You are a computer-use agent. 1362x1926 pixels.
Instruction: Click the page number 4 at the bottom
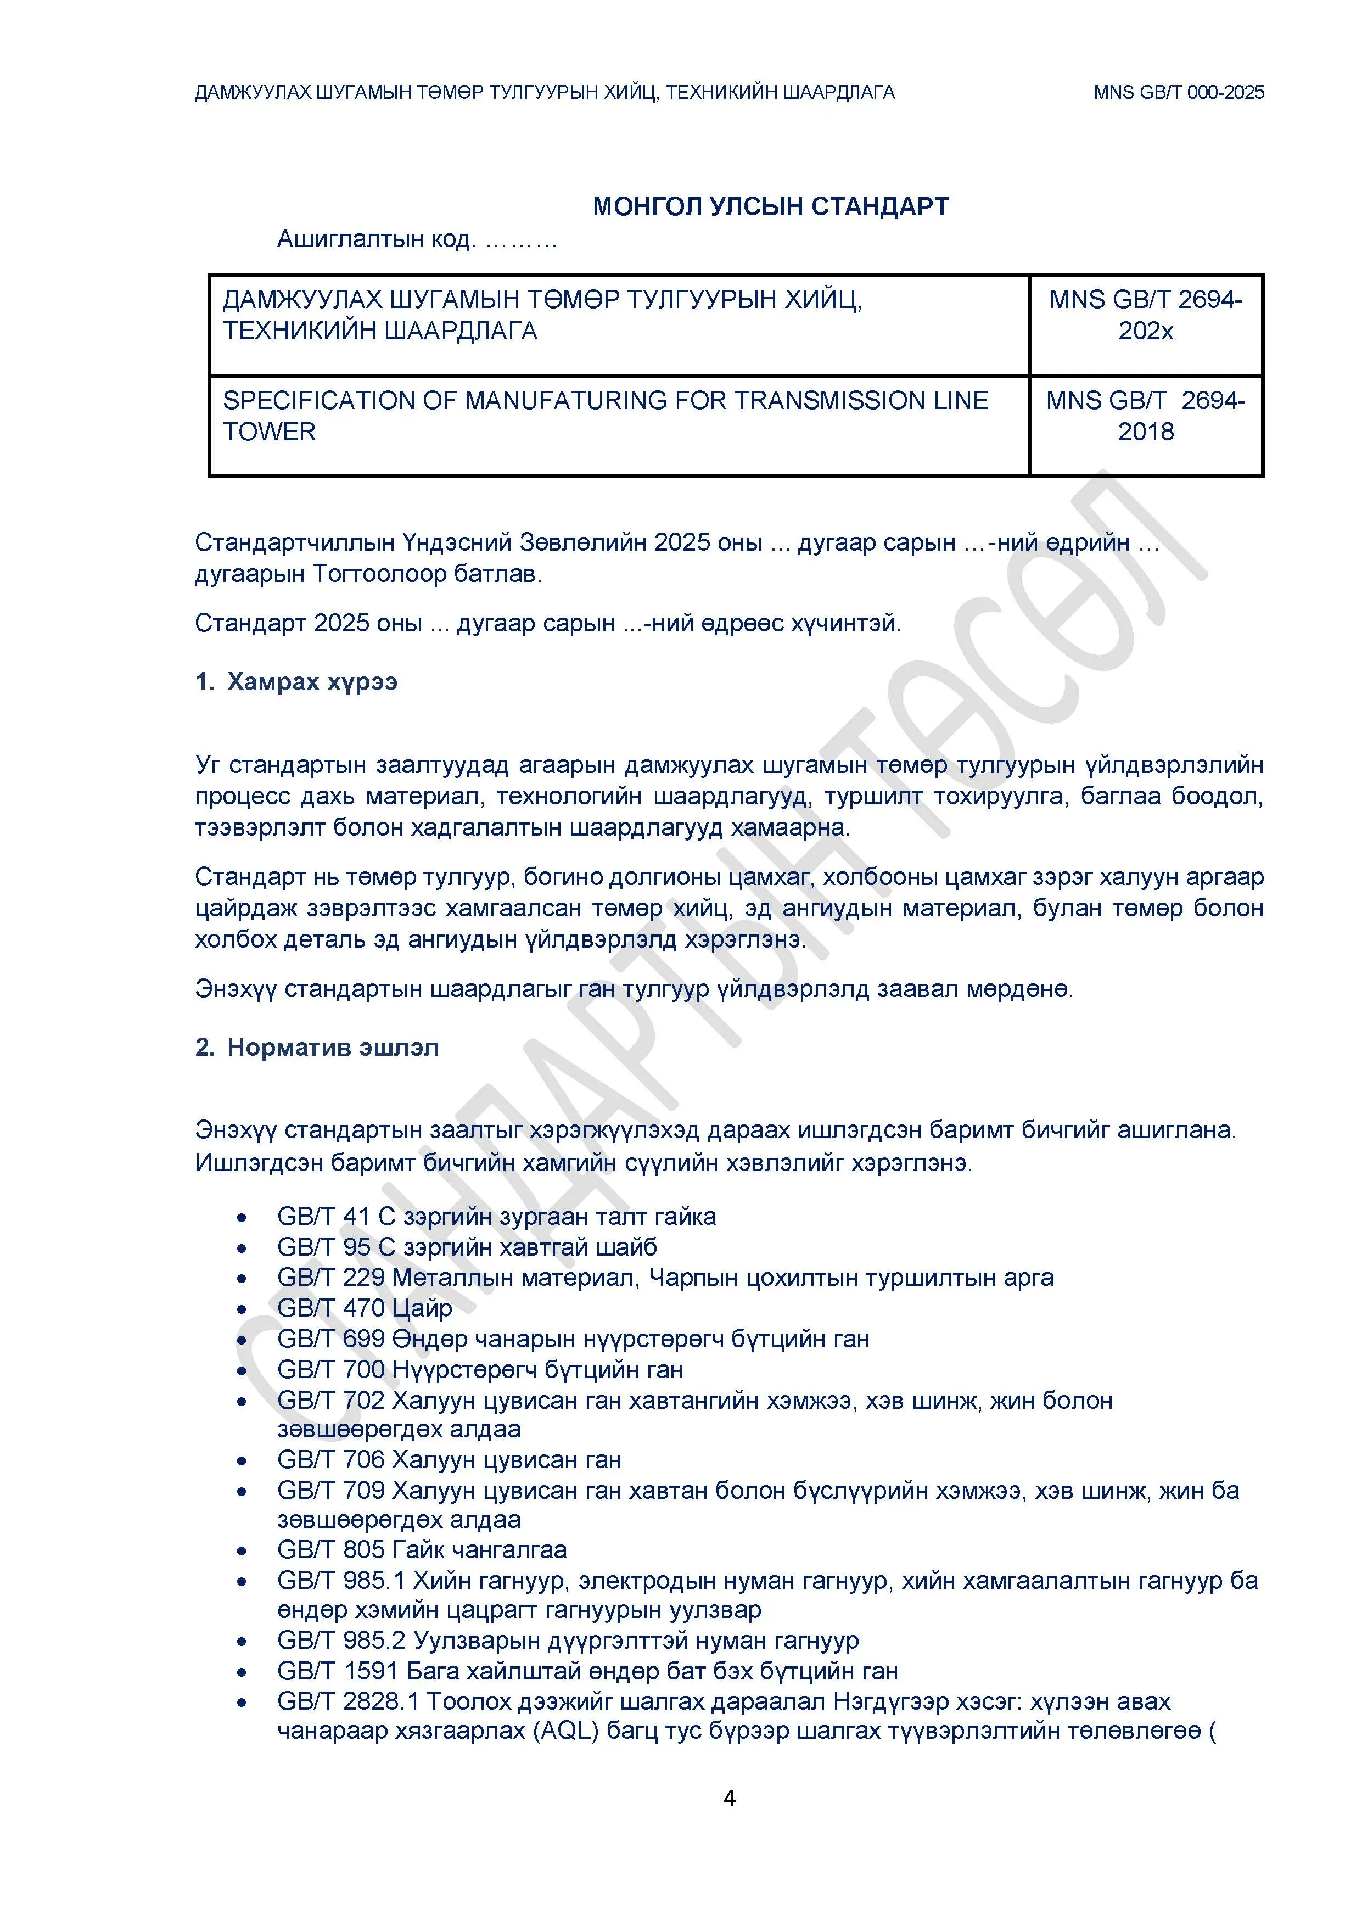point(729,1797)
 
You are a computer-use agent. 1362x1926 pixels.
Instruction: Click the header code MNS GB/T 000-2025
point(1178,92)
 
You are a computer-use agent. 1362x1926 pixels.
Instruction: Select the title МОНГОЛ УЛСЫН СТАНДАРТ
point(771,206)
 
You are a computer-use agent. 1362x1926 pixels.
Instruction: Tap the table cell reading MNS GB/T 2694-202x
point(1146,315)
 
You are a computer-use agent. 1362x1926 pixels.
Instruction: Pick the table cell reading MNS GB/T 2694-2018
point(1146,416)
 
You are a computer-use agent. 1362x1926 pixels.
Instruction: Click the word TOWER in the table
point(269,432)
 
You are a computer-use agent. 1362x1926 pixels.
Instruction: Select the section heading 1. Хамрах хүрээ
point(296,681)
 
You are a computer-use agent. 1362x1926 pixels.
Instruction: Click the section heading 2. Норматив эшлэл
point(317,1048)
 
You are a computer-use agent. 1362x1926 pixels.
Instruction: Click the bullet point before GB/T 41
point(242,1218)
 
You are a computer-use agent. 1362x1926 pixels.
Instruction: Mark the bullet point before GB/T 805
point(242,1551)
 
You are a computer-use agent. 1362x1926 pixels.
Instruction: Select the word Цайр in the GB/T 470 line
point(422,1308)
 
